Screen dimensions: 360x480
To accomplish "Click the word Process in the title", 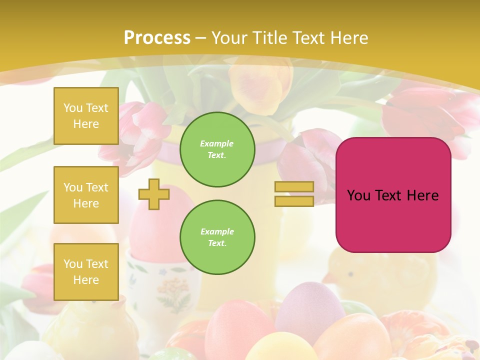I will click(157, 38).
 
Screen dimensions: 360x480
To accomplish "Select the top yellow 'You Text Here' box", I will click(86, 116).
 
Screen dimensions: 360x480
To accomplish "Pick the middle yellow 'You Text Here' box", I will click(86, 195).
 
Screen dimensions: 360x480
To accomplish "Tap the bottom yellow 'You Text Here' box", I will click(86, 271).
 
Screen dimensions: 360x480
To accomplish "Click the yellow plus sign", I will click(154, 194).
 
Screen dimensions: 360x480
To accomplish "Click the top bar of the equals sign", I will click(294, 186).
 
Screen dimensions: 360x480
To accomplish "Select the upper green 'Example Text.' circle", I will click(217, 149).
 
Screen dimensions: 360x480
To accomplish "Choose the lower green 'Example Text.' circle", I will click(217, 237).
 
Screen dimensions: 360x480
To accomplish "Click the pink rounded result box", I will click(393, 220).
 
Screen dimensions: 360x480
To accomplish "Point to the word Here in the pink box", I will click(423, 195).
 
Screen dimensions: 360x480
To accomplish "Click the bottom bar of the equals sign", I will click(294, 201).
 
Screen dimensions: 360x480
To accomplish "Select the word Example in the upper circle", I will click(217, 143).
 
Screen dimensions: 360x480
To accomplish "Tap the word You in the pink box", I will click(358, 195).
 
